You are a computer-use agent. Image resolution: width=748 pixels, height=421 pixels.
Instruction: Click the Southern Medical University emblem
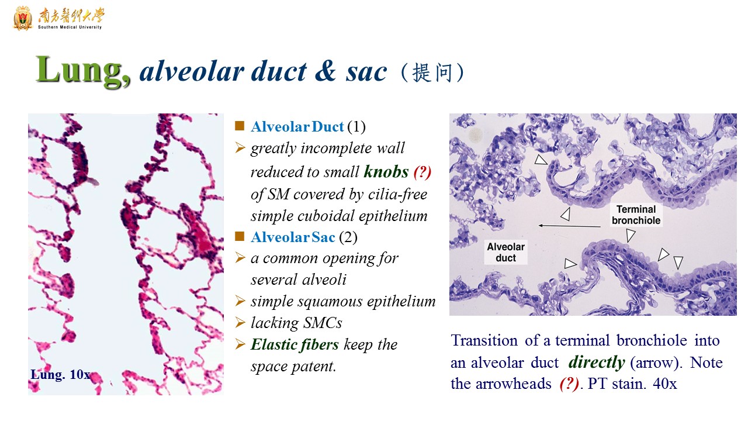23,18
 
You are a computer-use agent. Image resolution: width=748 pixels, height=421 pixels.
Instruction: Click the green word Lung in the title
83,71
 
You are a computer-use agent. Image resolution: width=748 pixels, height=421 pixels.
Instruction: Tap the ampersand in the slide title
325,71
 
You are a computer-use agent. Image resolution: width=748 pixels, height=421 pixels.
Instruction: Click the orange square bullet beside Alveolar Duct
240,126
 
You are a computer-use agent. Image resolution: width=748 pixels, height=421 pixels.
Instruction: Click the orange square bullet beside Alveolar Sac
240,236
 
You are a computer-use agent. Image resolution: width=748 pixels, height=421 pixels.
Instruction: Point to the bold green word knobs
386,172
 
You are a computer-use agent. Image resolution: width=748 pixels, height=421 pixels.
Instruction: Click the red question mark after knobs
422,172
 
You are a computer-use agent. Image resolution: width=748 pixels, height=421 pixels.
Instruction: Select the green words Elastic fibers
295,344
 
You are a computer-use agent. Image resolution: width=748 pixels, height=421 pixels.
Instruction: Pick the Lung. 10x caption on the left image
60,375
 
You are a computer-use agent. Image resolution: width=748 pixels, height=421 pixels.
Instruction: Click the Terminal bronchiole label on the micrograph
636,215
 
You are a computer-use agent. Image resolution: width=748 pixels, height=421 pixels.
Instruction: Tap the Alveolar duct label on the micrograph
505,252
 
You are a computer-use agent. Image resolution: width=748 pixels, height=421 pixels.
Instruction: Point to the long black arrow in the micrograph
569,226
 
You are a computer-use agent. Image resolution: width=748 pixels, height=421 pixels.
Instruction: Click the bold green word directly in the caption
597,362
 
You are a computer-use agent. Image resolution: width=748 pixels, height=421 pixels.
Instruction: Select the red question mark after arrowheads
569,384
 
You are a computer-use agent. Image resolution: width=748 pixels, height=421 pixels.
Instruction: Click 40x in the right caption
664,384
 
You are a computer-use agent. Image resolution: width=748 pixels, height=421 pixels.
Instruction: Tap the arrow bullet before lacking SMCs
240,322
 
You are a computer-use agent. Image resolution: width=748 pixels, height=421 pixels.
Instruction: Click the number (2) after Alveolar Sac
348,237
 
